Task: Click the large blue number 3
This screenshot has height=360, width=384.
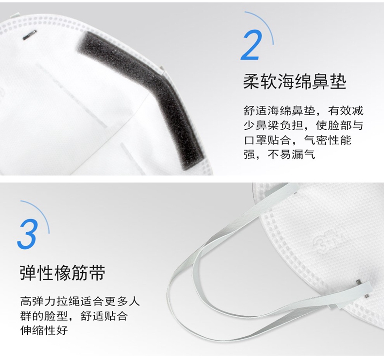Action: point(27,234)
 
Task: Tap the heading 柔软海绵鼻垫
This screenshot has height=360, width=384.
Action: point(295,82)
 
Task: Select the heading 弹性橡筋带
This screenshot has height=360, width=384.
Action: point(62,273)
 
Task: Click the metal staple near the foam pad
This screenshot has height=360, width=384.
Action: point(30,34)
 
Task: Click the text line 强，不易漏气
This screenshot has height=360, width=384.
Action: point(279,154)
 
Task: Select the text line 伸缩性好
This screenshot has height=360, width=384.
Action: point(44,330)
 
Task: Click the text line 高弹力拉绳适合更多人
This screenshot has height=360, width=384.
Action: point(80,301)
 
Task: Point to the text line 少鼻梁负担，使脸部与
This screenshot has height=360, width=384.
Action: point(303,125)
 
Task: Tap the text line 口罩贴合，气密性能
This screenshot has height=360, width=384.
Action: point(297,140)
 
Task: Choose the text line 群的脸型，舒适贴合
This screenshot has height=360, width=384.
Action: point(74,316)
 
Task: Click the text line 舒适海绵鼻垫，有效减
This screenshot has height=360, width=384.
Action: point(303,111)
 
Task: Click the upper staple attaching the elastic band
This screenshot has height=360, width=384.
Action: point(358,282)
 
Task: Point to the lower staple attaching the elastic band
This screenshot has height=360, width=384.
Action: point(367,296)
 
